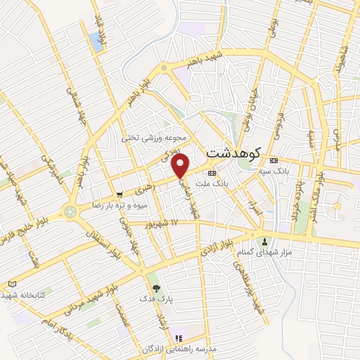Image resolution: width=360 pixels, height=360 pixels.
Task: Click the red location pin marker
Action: (x=181, y=165)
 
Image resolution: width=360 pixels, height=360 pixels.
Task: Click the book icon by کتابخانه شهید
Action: (x=11, y=283)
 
